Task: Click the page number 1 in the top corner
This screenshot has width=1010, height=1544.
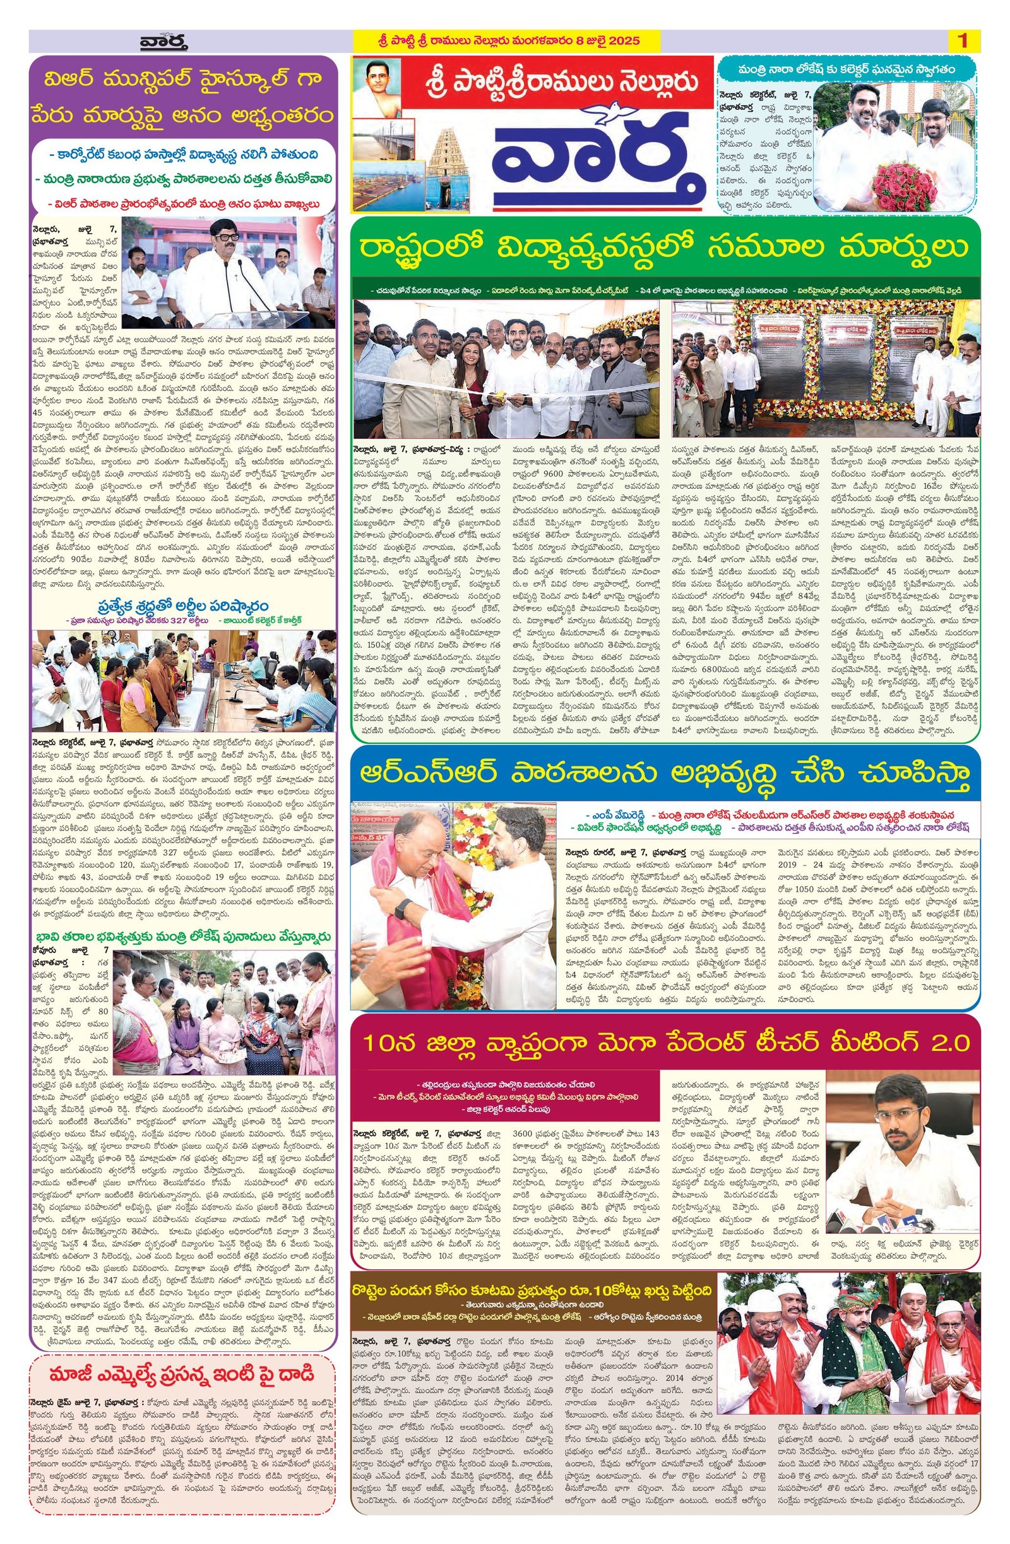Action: [x=962, y=42]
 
